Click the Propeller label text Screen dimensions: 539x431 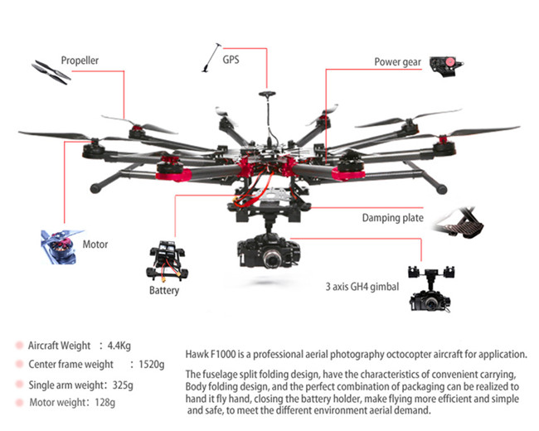click(x=80, y=61)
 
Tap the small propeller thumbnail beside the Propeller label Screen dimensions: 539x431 click(x=51, y=72)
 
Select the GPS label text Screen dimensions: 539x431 click(x=231, y=60)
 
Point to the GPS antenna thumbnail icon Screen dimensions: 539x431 click(x=211, y=57)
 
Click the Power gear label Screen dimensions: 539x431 click(x=398, y=62)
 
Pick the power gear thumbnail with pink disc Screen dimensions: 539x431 click(x=446, y=66)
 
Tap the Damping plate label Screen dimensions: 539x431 click(x=392, y=218)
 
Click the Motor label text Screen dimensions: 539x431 click(x=95, y=245)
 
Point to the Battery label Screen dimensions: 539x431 click(x=164, y=290)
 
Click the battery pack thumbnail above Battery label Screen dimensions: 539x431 click(x=167, y=261)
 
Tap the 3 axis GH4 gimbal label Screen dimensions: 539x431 click(x=362, y=287)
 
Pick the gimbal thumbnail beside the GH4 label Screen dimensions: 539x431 click(x=431, y=289)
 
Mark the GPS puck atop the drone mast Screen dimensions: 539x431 click(x=267, y=94)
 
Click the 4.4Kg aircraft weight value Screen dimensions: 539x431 click(x=119, y=346)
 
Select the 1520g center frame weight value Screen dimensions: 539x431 click(x=152, y=365)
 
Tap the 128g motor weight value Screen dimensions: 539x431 click(x=104, y=402)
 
